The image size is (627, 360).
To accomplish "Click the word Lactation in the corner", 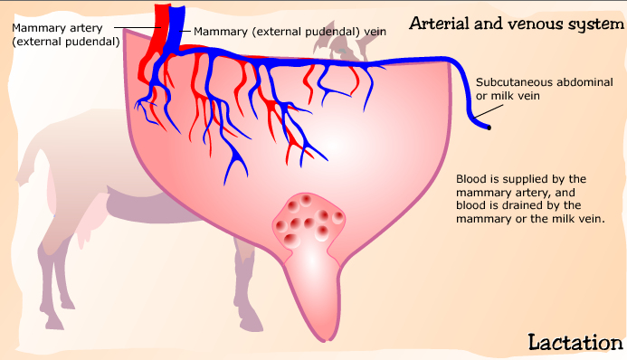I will click(x=575, y=343).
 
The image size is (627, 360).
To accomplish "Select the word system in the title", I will click(x=589, y=22).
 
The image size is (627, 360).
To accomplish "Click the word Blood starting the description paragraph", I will click(x=472, y=178).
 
